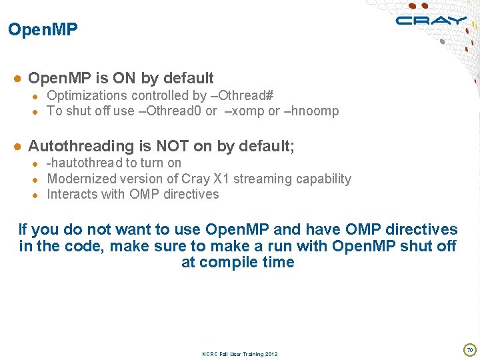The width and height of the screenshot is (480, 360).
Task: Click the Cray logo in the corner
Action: click(x=431, y=20)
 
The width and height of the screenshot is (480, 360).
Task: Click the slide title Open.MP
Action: click(x=43, y=30)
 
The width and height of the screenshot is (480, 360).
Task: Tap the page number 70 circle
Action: click(x=469, y=349)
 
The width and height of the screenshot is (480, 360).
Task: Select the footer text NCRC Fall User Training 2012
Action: click(x=239, y=354)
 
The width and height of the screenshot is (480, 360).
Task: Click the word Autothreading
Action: click(x=81, y=146)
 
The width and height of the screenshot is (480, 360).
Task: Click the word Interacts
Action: click(x=72, y=195)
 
